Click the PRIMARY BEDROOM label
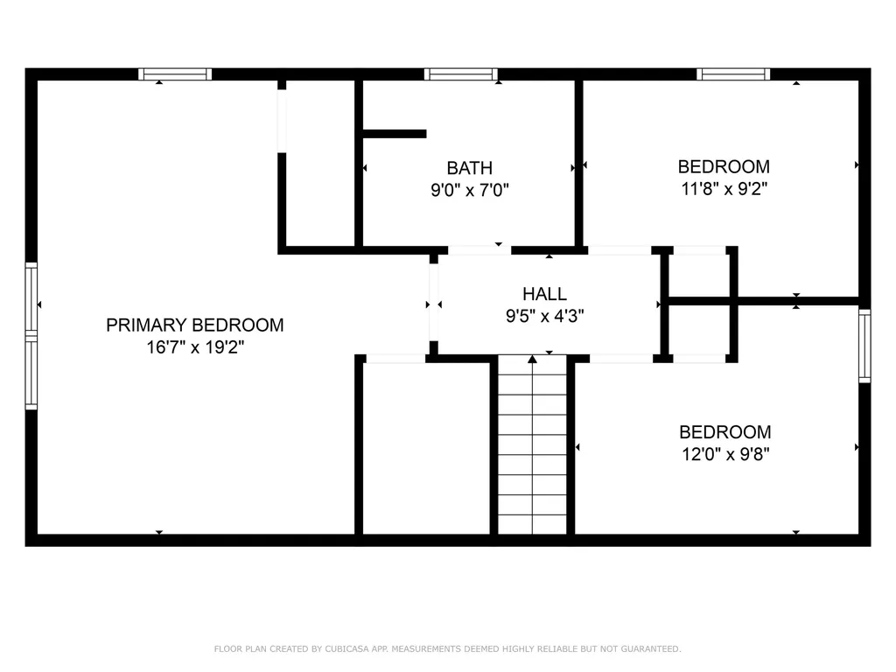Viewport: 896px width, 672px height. click(x=194, y=325)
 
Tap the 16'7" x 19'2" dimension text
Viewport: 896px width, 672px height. click(x=194, y=347)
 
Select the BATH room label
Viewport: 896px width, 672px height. click(x=469, y=168)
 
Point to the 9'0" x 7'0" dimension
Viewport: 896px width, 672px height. click(x=469, y=189)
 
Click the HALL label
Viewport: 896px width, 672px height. click(x=544, y=294)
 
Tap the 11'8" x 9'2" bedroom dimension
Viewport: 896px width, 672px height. click(x=724, y=187)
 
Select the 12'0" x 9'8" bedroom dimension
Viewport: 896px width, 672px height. click(x=724, y=453)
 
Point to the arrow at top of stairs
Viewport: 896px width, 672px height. click(x=532, y=359)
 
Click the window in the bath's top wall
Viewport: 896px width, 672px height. click(x=460, y=74)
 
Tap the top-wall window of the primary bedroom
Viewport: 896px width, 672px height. click(x=175, y=74)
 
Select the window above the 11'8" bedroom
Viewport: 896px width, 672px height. click(x=733, y=74)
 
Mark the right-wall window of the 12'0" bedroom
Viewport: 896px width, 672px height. click(x=864, y=346)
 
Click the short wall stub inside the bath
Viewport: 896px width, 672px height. click(x=394, y=134)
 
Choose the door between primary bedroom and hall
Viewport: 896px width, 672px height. click(x=433, y=304)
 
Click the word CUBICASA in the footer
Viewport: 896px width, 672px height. click(x=346, y=649)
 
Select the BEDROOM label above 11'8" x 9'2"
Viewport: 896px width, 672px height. click(x=724, y=166)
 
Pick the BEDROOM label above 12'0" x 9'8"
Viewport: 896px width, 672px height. click(x=724, y=432)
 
